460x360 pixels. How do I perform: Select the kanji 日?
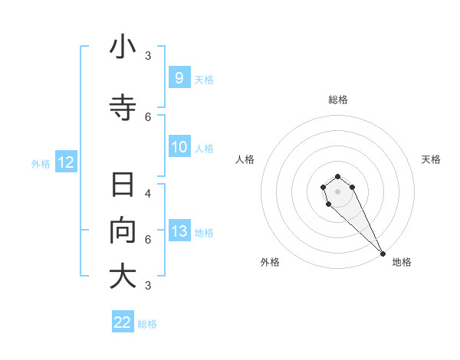coord(123,185)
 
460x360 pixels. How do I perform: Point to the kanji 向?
coord(123,231)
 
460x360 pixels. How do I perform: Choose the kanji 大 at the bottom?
coord(123,277)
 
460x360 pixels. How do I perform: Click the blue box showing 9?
coord(179,77)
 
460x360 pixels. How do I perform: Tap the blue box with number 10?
coord(179,147)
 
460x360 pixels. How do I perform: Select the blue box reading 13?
coord(179,231)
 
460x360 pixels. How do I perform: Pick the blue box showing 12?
coord(65,162)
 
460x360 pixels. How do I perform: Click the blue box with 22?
coord(123,322)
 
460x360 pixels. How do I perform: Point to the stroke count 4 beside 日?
coord(148,193)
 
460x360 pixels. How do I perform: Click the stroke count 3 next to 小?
coord(148,55)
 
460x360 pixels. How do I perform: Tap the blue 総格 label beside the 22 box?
coord(147,324)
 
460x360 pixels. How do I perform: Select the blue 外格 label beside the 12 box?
coord(41,163)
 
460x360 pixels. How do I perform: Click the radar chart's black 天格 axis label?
coord(431,159)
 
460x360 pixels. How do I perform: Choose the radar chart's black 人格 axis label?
coord(245,159)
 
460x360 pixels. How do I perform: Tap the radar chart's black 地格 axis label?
coord(402,262)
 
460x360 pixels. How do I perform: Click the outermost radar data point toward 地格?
coord(383,254)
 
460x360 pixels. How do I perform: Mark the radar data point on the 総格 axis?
coord(337,175)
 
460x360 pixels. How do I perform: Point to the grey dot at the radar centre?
coord(337,191)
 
